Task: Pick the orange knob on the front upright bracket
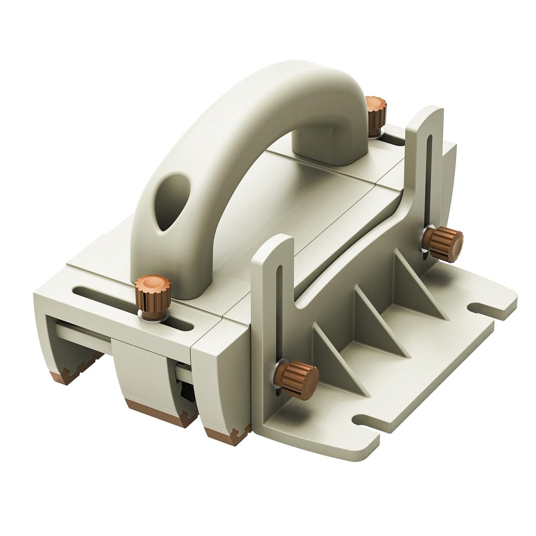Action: (x=297, y=379)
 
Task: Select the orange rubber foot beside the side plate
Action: (x=228, y=434)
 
